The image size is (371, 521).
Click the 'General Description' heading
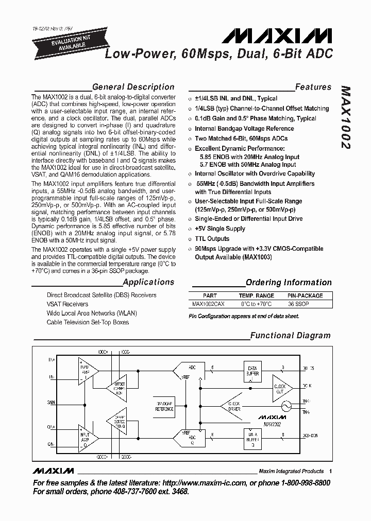tap(133, 87)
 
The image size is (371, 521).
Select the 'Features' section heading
tap(313, 87)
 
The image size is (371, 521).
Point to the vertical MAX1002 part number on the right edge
tap(346, 117)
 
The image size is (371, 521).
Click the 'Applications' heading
tap(148, 282)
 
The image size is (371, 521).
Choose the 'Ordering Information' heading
tap(289, 282)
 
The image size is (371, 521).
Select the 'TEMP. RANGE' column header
tap(256, 296)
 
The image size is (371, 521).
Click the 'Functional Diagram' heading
tap(290, 336)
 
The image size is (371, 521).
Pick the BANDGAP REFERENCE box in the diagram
tap(164, 406)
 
